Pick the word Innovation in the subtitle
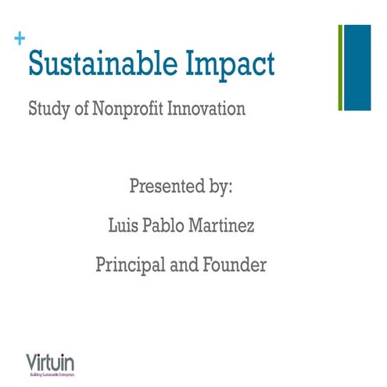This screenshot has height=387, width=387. [206, 108]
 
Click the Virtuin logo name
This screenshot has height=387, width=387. [50, 362]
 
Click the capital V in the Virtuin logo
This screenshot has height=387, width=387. [30, 362]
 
